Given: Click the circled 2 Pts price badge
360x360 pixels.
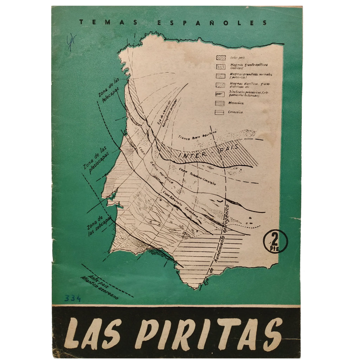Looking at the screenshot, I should pyautogui.click(x=275, y=242).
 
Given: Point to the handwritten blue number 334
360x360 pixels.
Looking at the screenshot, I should pyautogui.click(x=72, y=298).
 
